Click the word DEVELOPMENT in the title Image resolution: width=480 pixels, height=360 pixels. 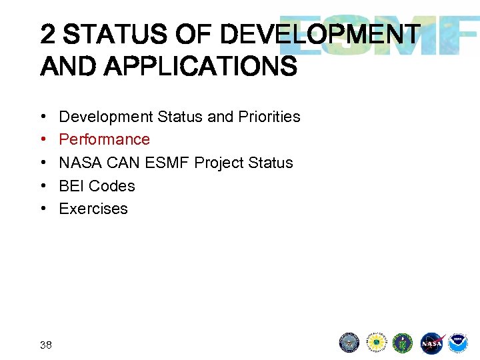320,35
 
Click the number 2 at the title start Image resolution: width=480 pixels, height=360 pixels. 48,35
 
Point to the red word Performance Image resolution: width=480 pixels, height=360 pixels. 105,139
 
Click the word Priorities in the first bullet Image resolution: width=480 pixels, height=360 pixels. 269,117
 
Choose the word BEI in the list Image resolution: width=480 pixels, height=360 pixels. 71,186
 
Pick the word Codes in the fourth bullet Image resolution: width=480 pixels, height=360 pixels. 112,186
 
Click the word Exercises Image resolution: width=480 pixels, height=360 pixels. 93,209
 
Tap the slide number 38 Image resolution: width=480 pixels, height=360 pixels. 46,345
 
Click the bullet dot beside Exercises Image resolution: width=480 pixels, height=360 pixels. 43,209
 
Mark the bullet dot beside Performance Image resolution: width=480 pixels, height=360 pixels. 43,139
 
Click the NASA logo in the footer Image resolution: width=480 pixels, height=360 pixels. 431,343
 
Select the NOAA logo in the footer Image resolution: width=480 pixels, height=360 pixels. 457,343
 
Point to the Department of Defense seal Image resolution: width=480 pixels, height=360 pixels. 349,343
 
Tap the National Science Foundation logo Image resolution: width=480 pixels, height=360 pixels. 377,343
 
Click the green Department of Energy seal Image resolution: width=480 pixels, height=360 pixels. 403,343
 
